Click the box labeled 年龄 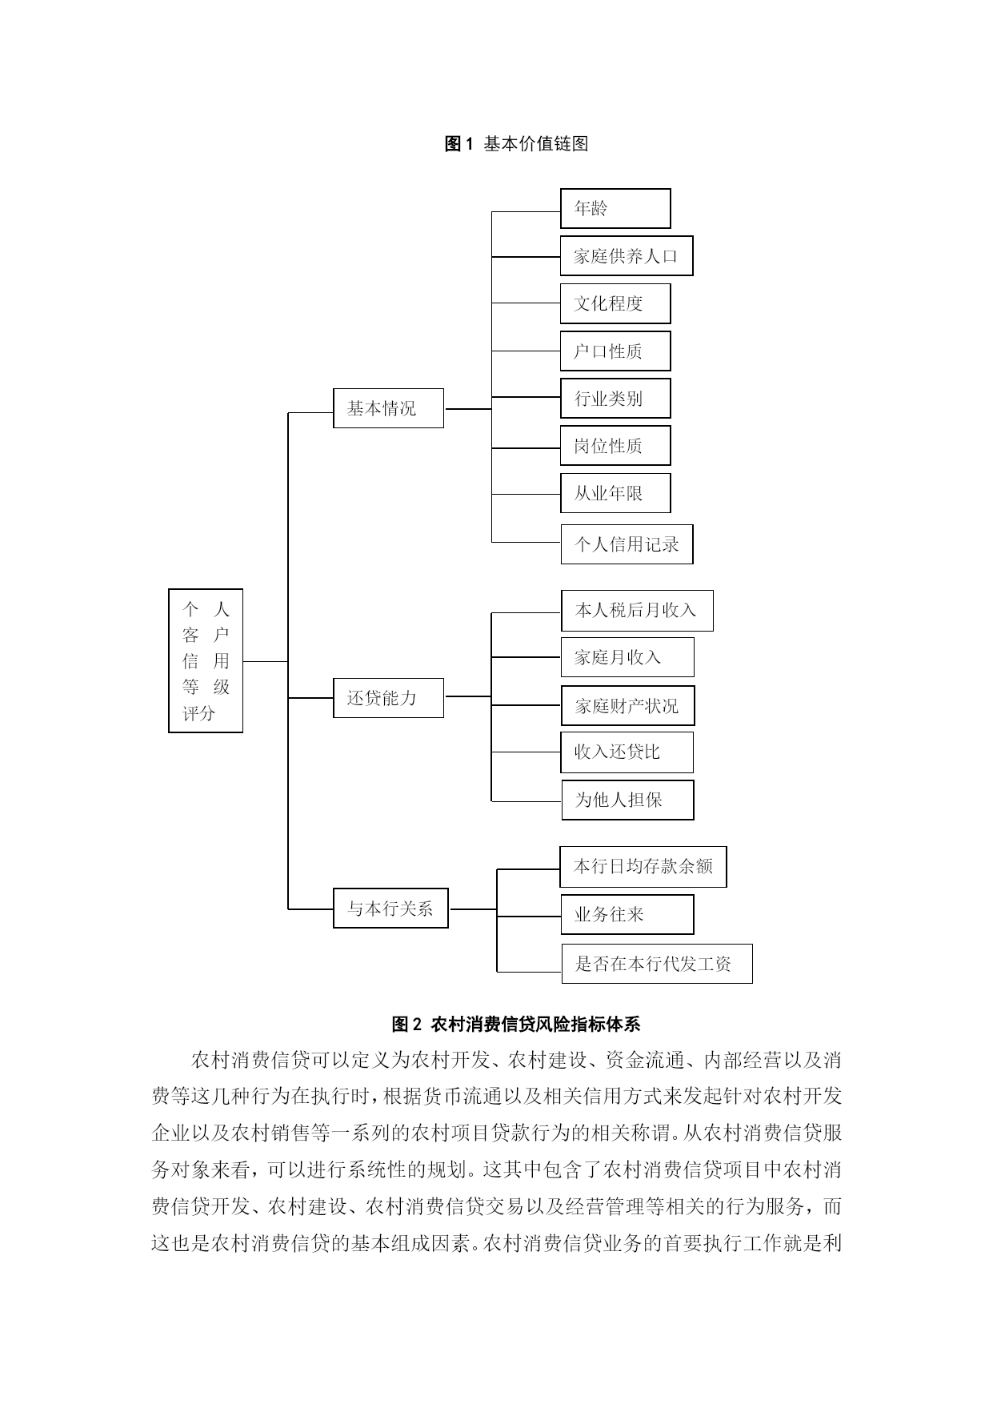(615, 208)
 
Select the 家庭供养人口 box (627, 256)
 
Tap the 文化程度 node (615, 303)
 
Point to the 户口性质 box (615, 351)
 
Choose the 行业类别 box (615, 399)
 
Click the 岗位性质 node (615, 446)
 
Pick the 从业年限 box (615, 493)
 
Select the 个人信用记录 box (627, 544)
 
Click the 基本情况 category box (388, 408)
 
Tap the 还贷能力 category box (388, 697)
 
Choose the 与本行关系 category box (390, 909)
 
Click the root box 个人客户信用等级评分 (206, 660)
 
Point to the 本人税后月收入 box (637, 611)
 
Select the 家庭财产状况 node (627, 705)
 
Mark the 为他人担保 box (627, 800)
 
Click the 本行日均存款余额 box (643, 867)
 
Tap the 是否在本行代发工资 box (656, 963)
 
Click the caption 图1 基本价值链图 (516, 143)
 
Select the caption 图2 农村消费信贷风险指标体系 (516, 1024)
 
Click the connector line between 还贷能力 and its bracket (468, 696)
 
